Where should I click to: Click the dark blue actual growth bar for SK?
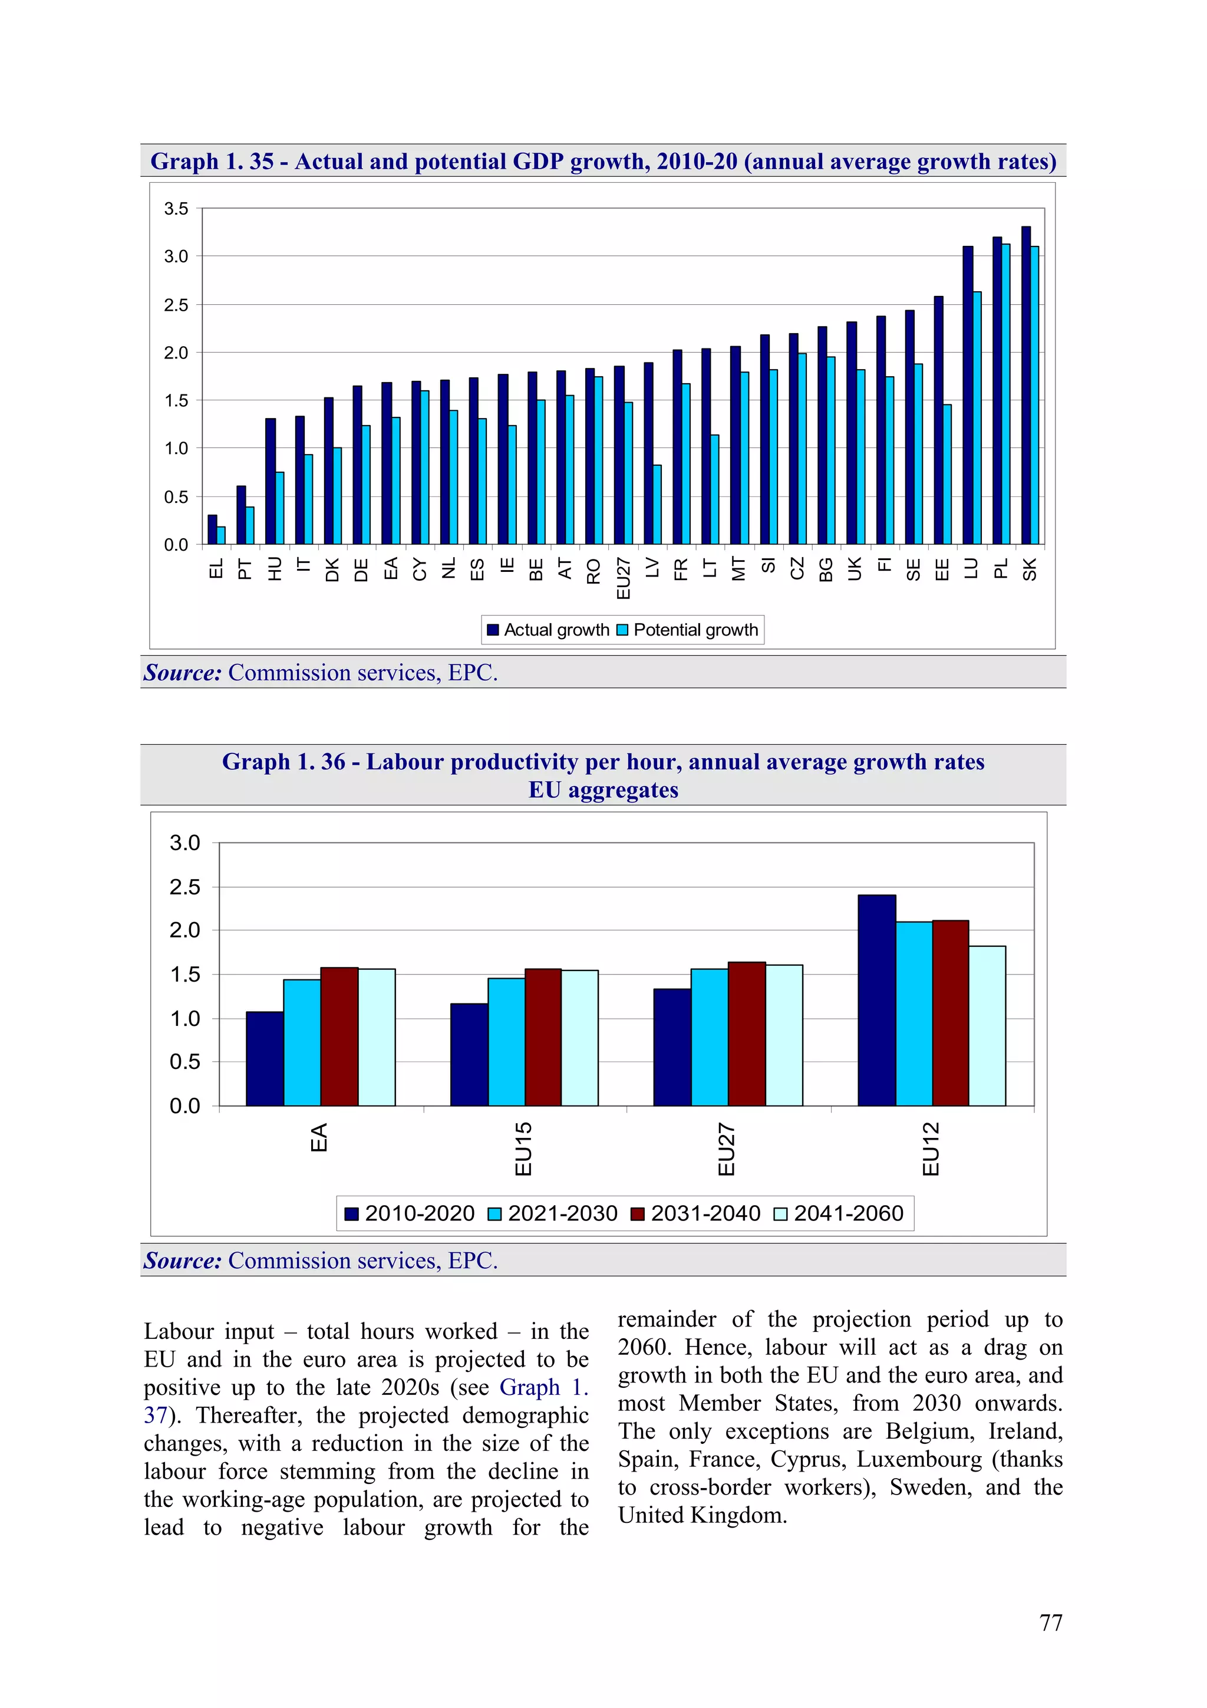pos(1025,386)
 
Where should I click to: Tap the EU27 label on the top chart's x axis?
pos(623,578)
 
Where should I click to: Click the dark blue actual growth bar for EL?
pos(212,529)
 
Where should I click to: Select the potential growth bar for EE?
pos(947,474)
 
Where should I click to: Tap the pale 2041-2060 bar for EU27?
pos(784,1035)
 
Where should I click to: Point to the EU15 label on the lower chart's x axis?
pos(523,1148)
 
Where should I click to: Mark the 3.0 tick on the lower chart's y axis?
pos(184,843)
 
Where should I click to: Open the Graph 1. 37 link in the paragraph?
pos(545,1387)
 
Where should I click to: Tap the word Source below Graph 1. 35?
pos(182,673)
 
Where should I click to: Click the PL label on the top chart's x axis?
pos(1001,568)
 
